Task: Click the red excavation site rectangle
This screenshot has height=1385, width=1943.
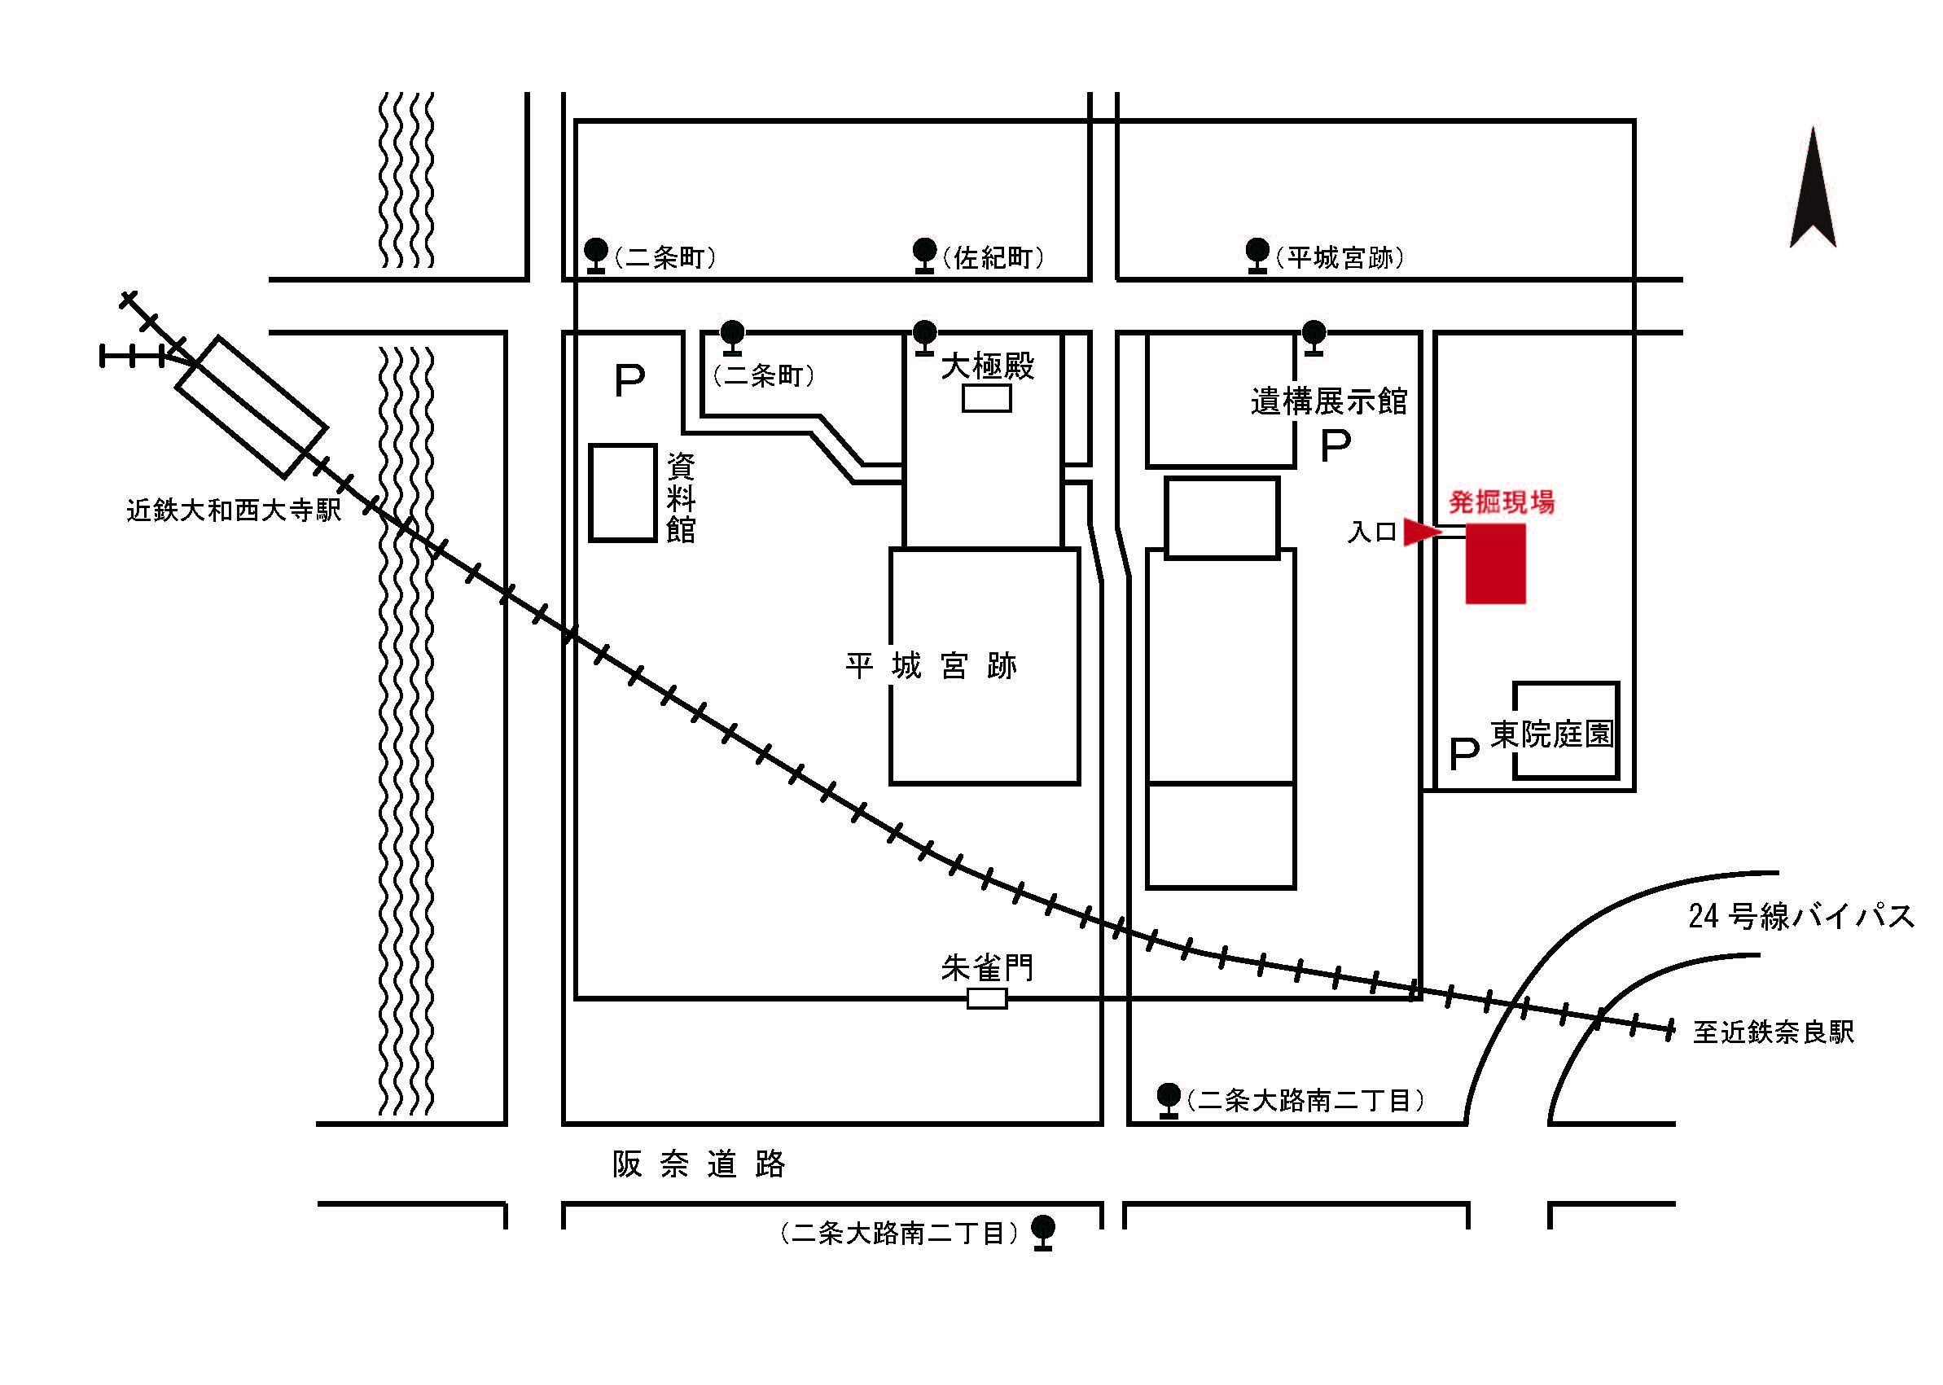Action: click(x=1495, y=563)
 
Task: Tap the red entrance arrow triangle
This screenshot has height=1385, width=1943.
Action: click(x=1421, y=533)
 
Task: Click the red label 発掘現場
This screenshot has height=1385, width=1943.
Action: click(x=1501, y=502)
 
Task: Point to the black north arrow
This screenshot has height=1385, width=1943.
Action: click(x=1813, y=187)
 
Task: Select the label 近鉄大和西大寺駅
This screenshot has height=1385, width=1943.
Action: click(x=234, y=510)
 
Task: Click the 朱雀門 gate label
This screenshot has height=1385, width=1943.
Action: click(x=987, y=968)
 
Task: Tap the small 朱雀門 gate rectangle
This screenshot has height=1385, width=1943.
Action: click(x=987, y=999)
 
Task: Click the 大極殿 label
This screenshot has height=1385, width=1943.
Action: click(x=987, y=366)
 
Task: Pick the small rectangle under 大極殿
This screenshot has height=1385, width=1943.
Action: click(x=987, y=398)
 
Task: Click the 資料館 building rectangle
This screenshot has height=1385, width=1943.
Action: click(x=623, y=493)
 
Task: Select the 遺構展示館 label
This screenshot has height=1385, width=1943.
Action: click(x=1329, y=401)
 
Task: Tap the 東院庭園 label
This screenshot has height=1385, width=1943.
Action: click(x=1551, y=734)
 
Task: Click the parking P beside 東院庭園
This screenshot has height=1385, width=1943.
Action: click(x=1463, y=754)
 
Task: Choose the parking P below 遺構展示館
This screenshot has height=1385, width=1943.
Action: click(x=1336, y=445)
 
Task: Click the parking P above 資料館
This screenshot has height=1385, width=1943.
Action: click(x=629, y=380)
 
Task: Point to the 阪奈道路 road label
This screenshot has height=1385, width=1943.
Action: click(x=699, y=1164)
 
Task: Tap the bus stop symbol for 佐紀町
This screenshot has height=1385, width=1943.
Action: click(x=924, y=255)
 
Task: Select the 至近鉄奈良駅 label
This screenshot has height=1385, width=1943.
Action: click(x=1774, y=1032)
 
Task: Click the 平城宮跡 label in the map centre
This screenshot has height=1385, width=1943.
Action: click(x=931, y=666)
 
